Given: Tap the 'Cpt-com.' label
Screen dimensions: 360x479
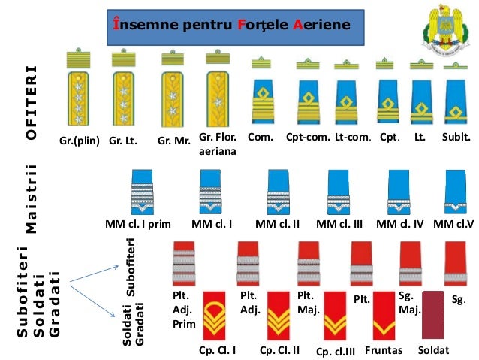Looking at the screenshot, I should pos(308,138).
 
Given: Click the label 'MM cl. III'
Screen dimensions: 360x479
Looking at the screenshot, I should pos(339,224).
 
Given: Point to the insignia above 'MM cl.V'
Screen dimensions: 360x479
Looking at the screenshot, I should pos(456,192).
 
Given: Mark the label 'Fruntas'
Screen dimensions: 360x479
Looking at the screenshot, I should pos(384,350).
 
